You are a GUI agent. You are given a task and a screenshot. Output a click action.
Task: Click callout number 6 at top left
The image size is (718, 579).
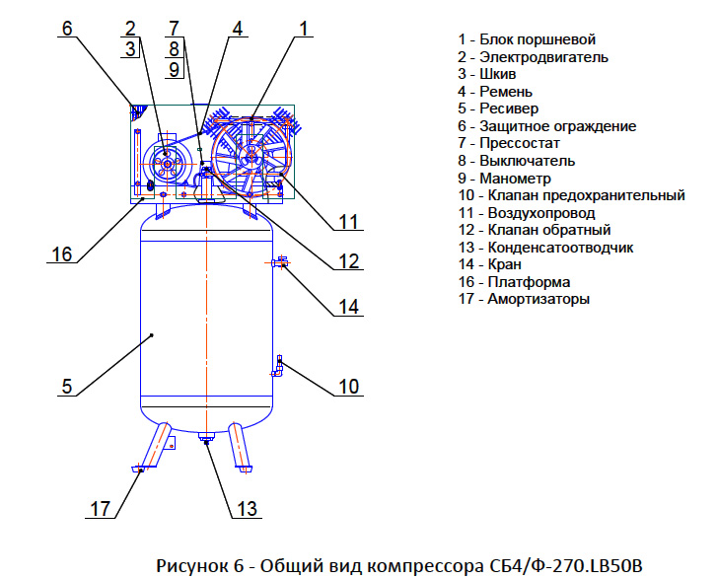click(x=67, y=28)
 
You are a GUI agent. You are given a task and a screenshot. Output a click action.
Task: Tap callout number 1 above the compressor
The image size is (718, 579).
click(x=306, y=28)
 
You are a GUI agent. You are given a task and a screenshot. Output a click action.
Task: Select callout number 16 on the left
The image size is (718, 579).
click(x=62, y=253)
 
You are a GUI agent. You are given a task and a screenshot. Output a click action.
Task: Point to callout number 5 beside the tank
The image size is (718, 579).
click(x=66, y=386)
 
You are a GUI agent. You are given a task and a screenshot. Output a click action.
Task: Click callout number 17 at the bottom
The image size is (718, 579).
click(x=100, y=508)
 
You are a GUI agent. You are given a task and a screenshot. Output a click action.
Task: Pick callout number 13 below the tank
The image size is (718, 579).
click(x=247, y=508)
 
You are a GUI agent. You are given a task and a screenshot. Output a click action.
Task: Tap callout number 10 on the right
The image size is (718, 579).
click(x=349, y=386)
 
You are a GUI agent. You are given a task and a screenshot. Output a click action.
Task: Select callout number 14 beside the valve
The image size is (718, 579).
click(x=348, y=306)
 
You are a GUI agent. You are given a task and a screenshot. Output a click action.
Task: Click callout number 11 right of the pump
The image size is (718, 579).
click(x=346, y=222)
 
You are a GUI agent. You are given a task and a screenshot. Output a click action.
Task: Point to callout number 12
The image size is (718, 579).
click(x=347, y=261)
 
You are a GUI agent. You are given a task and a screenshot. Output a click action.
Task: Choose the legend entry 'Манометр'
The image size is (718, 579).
click(x=518, y=178)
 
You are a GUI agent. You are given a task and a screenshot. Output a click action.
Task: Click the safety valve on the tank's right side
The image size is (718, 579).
click(x=280, y=366)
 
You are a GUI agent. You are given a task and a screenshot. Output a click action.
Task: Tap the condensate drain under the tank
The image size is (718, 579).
click(x=207, y=440)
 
